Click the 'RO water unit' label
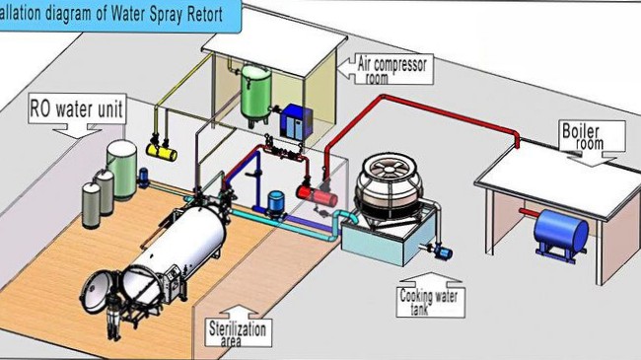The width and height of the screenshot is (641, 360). [77, 108]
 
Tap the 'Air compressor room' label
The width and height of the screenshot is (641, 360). [392, 69]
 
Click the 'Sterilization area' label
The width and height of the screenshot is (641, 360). [238, 333]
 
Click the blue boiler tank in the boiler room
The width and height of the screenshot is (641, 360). [560, 232]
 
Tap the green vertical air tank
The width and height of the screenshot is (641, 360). [256, 93]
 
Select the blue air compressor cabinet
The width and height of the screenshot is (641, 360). [296, 121]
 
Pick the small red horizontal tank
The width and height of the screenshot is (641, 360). [317, 196]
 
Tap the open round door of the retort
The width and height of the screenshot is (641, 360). [98, 291]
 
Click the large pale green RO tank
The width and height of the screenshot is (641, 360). [122, 170]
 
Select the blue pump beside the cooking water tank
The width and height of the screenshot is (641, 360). [442, 251]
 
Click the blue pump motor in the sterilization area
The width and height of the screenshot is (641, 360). [276, 202]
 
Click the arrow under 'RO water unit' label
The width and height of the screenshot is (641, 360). [77, 132]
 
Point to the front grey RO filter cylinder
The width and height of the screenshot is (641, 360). [91, 205]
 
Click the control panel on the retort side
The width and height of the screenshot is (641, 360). [174, 276]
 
